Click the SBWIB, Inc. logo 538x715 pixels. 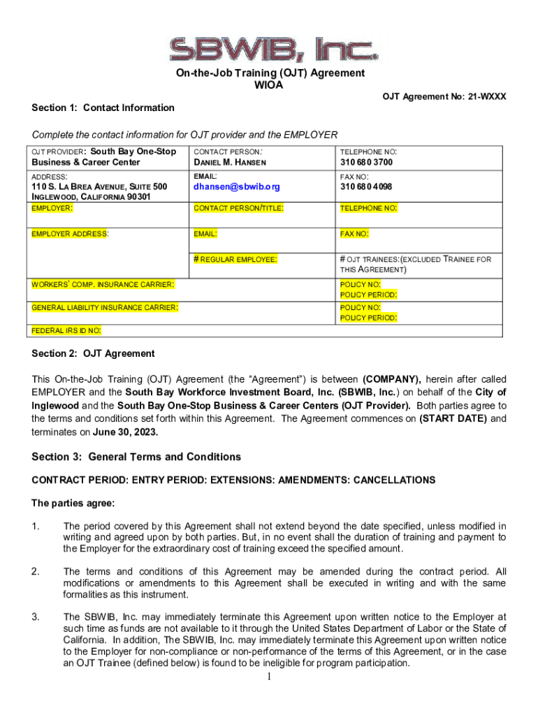(268, 47)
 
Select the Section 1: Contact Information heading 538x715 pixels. (103, 108)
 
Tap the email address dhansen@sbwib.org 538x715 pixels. (236, 187)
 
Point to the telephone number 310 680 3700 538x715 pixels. (366, 163)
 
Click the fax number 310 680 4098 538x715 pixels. (366, 187)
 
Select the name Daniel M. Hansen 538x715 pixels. (230, 163)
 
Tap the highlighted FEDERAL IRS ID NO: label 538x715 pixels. (66, 330)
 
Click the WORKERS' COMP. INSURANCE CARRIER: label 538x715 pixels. (103, 285)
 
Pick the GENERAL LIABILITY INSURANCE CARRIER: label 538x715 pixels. (105, 307)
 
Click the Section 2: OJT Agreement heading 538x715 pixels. (93, 353)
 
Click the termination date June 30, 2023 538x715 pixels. (126, 432)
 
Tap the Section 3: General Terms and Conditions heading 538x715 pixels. (136, 457)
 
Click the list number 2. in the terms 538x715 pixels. (35, 572)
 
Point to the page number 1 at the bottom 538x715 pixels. (269, 677)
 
